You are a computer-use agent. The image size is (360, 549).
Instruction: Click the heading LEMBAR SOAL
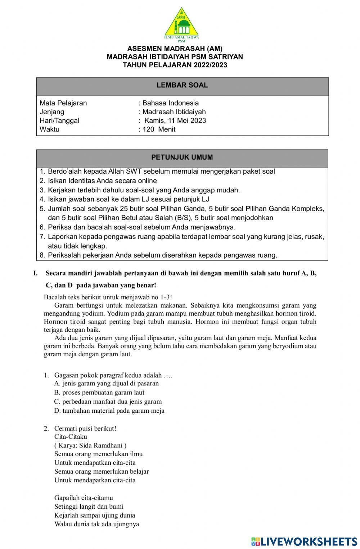point(182,85)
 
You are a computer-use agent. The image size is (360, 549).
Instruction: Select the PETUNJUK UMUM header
point(182,157)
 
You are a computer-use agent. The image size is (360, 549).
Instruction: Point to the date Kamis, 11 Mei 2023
point(175,120)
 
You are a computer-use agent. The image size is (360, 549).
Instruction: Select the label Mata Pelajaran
point(63,103)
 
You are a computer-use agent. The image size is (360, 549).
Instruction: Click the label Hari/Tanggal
point(59,120)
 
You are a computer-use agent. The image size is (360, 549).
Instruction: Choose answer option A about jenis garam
point(107,383)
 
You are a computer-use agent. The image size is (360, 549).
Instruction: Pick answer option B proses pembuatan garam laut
point(99,392)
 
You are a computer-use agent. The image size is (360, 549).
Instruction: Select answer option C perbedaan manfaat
point(108,401)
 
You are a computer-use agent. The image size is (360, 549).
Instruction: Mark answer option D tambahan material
point(109,410)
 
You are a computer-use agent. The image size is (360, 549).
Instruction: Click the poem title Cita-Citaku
point(71,437)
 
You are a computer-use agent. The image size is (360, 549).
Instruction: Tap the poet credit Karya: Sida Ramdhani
point(90,445)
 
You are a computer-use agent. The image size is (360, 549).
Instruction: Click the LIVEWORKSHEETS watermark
point(304,541)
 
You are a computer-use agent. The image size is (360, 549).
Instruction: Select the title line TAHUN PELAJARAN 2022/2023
point(175,65)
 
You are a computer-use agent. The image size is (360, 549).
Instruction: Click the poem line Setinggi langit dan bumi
point(89,506)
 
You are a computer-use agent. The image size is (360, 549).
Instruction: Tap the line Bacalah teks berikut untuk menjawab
point(108,297)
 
